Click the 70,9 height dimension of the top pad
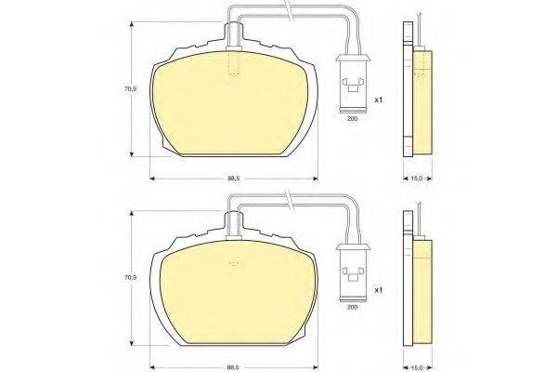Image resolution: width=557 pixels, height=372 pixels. point(130,89)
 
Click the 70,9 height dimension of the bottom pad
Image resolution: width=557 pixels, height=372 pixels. point(130,277)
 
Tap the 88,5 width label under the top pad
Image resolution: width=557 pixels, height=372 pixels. point(234,179)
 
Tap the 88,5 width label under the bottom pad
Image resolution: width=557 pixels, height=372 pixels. point(234,367)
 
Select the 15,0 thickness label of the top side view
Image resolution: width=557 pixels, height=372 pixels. point(416,179)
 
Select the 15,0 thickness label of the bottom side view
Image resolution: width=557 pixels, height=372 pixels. point(416,367)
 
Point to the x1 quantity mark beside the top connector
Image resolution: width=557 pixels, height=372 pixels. point(379,100)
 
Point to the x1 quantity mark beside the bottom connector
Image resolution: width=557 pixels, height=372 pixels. point(379,290)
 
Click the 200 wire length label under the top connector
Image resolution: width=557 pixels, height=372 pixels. point(352,119)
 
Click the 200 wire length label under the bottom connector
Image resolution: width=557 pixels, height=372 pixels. point(352,307)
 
